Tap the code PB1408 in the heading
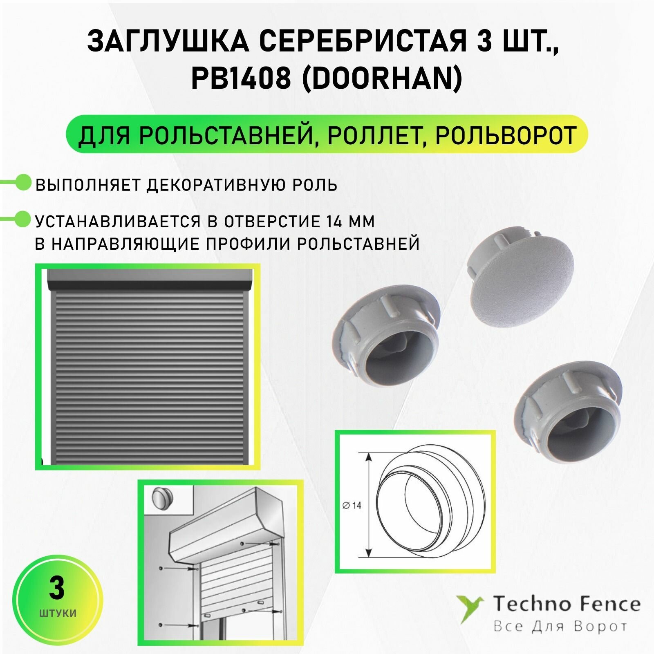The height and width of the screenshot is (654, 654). pos(241,78)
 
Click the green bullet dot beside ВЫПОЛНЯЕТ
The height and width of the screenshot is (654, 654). pos(23,182)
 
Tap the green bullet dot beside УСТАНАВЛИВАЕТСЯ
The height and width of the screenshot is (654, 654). pos(23,219)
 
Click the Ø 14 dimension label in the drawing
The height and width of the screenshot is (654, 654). pos(352,506)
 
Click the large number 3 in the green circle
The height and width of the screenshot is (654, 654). pos(56,589)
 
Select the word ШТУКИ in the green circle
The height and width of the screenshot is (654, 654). pos(58,613)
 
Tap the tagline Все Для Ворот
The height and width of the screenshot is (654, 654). pos(560,626)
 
